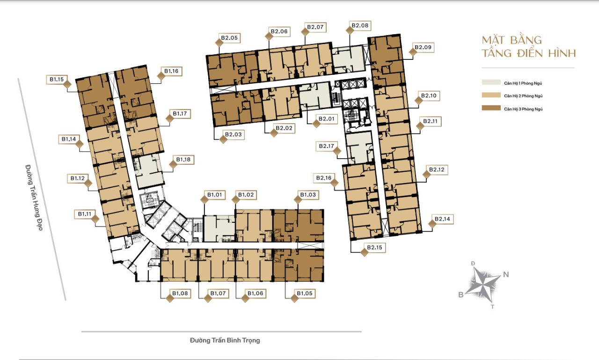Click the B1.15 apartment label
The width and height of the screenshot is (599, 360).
[x=57, y=80]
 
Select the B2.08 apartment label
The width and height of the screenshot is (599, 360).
[x=360, y=26]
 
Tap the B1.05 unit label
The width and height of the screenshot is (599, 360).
[x=305, y=294]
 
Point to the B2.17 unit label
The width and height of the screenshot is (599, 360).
[x=327, y=146]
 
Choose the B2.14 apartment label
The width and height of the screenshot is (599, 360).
[x=442, y=219]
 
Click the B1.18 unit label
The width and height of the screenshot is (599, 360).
[x=183, y=160]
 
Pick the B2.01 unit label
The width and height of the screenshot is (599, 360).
[x=327, y=119]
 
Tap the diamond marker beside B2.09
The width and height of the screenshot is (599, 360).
[x=413, y=52]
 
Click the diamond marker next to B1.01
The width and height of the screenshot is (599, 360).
[x=205, y=199]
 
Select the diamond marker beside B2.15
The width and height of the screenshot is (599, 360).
[x=364, y=252]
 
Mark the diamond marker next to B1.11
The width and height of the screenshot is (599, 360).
[x=95, y=219]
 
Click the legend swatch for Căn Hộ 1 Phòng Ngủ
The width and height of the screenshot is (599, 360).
[x=491, y=82]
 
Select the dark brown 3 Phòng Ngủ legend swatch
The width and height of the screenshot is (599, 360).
[x=491, y=108]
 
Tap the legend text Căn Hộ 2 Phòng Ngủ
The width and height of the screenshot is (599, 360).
[x=523, y=96]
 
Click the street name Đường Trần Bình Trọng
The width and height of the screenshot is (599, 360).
[x=225, y=340]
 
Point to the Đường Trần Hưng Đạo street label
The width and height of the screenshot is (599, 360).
[x=34, y=198]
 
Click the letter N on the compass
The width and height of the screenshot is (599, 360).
[x=506, y=274]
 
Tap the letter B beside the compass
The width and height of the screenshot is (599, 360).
[x=461, y=295]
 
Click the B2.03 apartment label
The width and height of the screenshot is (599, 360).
[x=233, y=134]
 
